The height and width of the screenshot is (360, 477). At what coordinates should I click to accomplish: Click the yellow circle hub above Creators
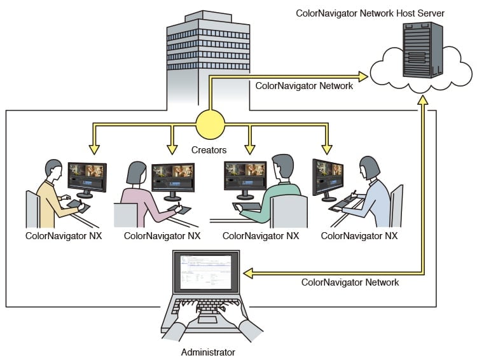210,124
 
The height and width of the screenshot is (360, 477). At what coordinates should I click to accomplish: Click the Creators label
209,150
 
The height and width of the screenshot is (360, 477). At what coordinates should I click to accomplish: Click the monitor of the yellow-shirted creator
86,177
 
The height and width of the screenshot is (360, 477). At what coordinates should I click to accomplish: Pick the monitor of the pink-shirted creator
172,177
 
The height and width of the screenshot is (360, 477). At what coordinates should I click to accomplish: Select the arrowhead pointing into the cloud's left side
363,77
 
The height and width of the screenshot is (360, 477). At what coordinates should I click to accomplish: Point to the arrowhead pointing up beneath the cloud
422,101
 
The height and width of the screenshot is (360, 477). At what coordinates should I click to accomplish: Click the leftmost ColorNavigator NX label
64,235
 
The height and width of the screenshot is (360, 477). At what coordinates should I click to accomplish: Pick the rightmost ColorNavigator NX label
359,235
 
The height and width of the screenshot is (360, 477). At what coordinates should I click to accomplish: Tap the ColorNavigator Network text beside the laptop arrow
350,282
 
